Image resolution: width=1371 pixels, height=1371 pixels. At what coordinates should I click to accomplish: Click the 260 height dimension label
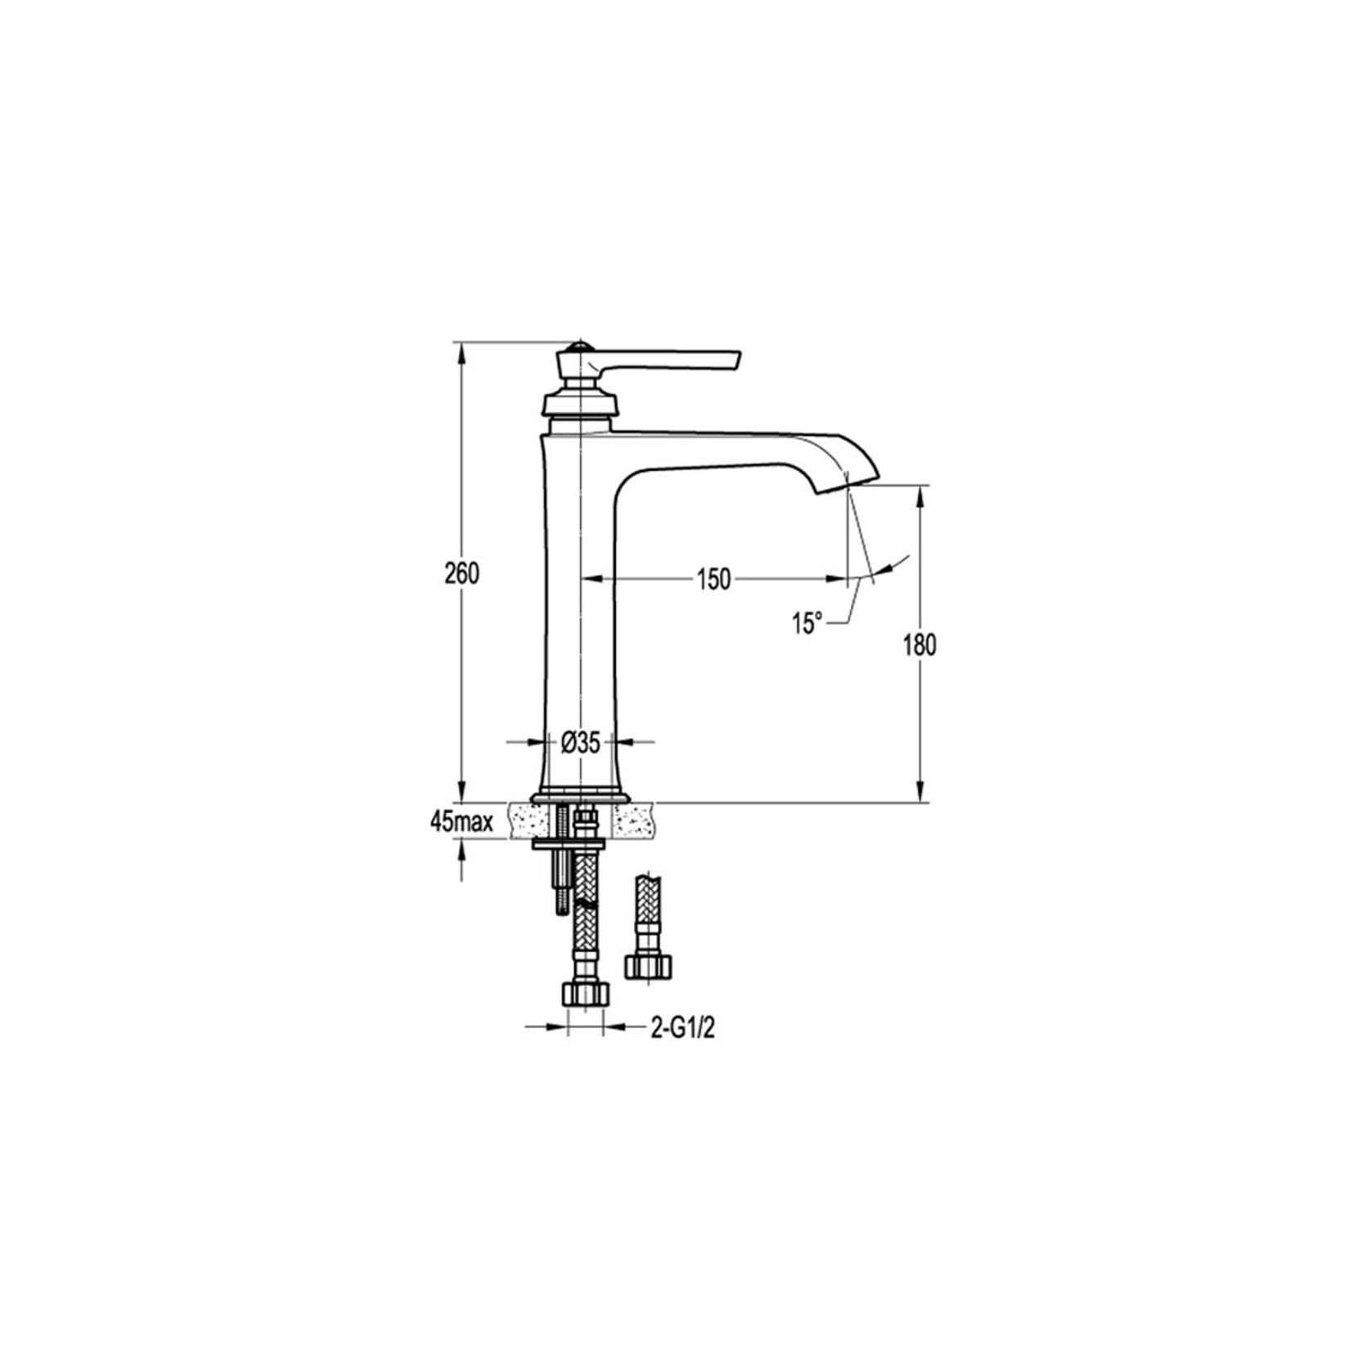coord(461,574)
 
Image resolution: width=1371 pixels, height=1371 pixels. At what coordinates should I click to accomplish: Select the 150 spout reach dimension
coord(712,579)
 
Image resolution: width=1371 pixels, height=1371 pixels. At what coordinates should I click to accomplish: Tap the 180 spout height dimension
coord(919,645)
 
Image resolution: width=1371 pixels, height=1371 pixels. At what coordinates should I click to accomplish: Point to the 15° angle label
coord(807,624)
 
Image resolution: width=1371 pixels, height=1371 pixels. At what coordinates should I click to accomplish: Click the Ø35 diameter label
coord(581,743)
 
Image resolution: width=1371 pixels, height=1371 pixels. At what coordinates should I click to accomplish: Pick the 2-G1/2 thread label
coord(682,1028)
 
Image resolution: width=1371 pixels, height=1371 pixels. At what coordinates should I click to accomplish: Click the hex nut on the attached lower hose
coord(586,994)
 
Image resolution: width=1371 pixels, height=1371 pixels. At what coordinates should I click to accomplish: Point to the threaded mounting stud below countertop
coord(564,883)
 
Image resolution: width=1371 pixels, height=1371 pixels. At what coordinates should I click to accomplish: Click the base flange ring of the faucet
coord(580,798)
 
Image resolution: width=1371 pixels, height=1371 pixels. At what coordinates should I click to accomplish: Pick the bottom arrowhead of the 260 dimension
coord(461,793)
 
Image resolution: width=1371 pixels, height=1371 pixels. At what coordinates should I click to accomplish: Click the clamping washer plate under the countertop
coord(569,843)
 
